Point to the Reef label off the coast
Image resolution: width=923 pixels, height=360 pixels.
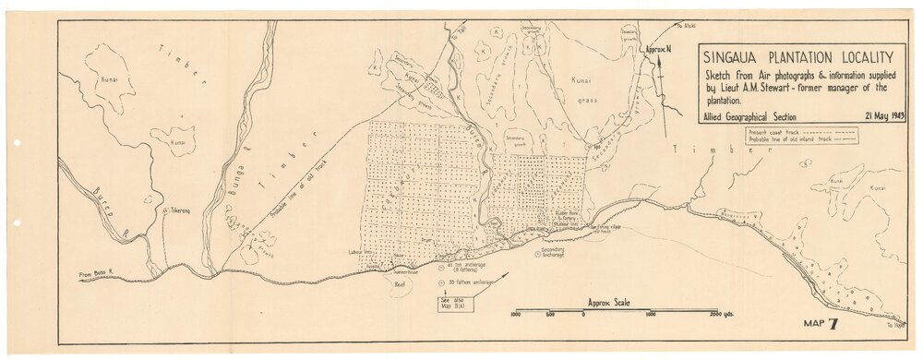pos(400,285)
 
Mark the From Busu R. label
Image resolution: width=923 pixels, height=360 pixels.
pos(95,273)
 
